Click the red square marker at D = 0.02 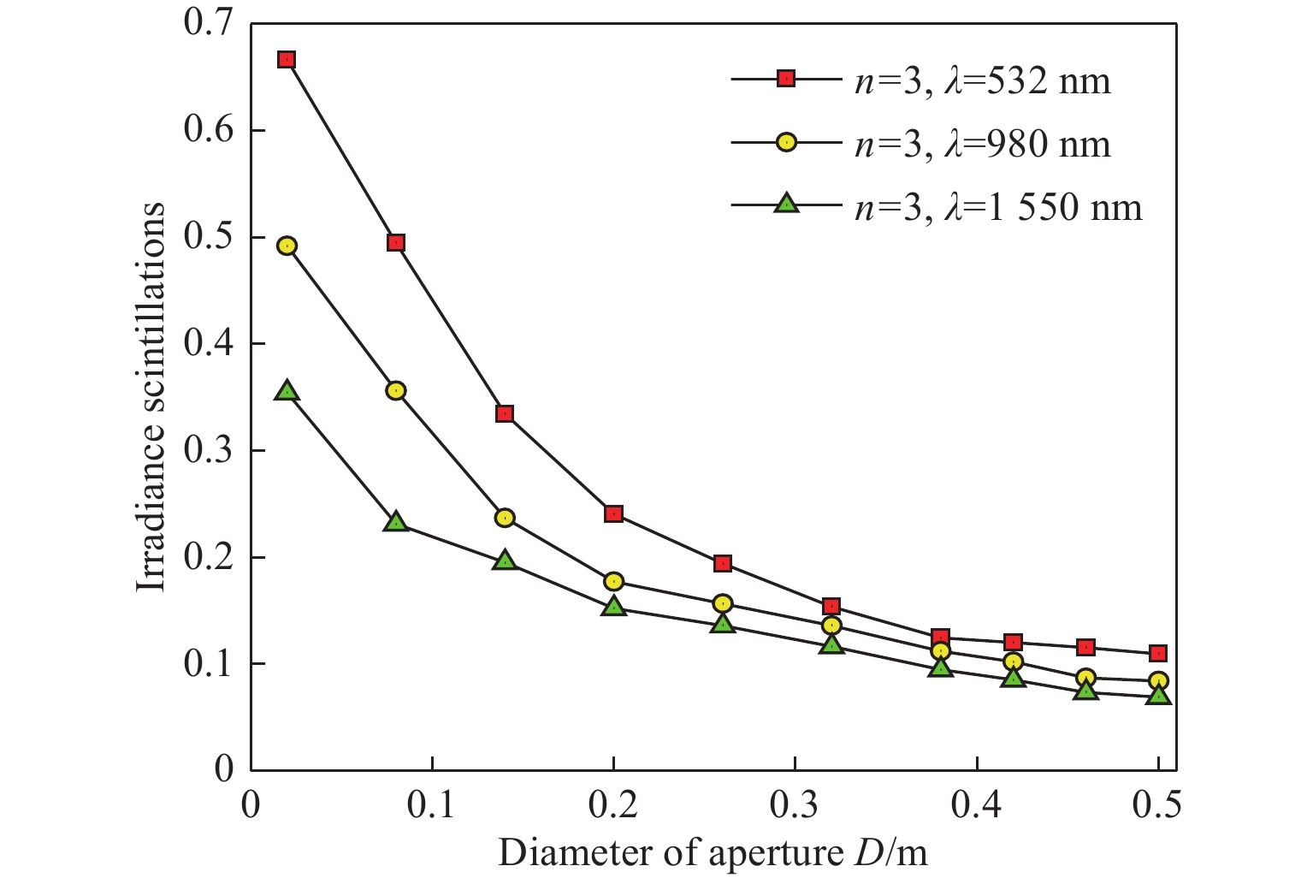[287, 59]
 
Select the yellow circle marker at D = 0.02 [287, 246]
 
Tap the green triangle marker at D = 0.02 [287, 391]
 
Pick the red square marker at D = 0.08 [395, 242]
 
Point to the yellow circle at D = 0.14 [505, 517]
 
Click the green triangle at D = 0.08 [395, 521]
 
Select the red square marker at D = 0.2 [613, 513]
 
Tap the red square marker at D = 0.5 [1158, 653]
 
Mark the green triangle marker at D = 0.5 [1158, 694]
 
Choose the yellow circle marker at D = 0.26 [723, 603]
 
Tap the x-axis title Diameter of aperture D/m [713, 852]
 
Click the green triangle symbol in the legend [786, 204]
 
